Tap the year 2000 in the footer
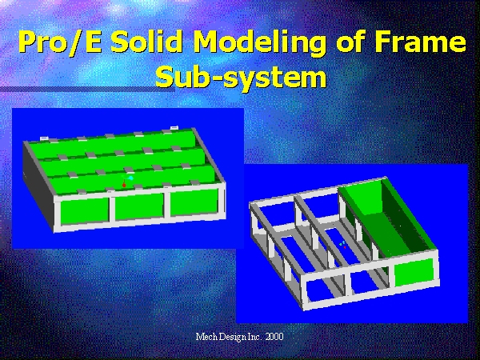coord(274,337)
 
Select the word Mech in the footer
coord(206,337)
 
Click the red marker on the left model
coord(124,185)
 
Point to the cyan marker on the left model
coord(131,178)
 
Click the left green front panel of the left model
coord(85,211)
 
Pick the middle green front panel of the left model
coord(139,206)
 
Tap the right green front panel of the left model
coord(194,202)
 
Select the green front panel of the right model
coord(414,272)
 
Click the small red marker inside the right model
coord(345,246)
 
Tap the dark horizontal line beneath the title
coord(87,89)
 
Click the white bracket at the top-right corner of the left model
coord(174,127)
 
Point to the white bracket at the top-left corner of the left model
coord(44,138)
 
